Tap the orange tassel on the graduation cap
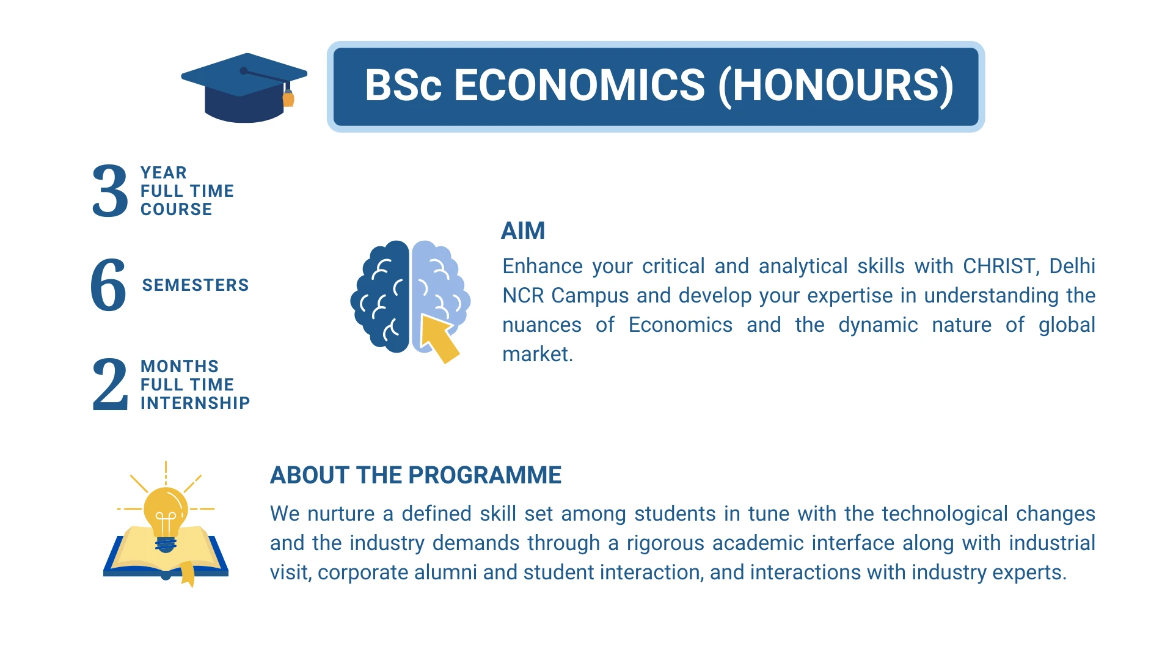point(288,98)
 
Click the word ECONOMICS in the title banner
point(579,85)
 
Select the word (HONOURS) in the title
point(835,85)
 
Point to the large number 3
point(110,191)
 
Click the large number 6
point(108,284)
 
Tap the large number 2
point(110,384)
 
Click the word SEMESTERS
point(195,285)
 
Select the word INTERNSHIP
point(195,403)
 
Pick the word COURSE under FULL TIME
point(177,209)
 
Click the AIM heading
point(523,231)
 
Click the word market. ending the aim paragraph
point(538,354)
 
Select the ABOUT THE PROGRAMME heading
point(415,475)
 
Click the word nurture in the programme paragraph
point(341,514)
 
